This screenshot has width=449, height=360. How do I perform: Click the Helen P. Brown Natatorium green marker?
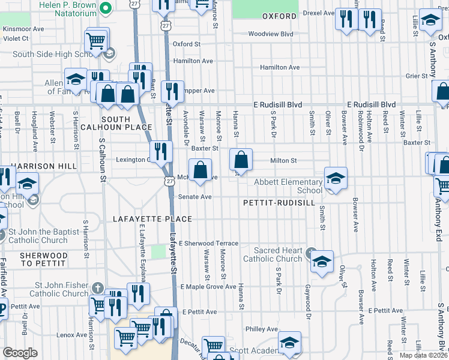pyautogui.click(x=106, y=8)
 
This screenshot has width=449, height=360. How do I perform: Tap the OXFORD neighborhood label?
pyautogui.click(x=279, y=16)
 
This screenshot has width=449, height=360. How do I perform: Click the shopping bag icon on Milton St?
pyautogui.click(x=241, y=160)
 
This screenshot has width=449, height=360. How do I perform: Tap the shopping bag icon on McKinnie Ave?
pyautogui.click(x=200, y=170)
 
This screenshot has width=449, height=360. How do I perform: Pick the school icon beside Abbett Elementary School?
pyautogui.click(x=336, y=178)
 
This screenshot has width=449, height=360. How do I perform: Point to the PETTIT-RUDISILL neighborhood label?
pyautogui.click(x=279, y=203)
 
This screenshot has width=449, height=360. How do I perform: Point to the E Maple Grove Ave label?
pyautogui.click(x=208, y=287)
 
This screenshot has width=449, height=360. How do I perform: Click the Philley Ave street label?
pyautogui.click(x=261, y=329)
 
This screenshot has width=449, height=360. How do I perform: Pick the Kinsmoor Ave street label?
pyautogui.click(x=23, y=29)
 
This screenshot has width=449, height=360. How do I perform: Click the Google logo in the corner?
pyautogui.click(x=20, y=353)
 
